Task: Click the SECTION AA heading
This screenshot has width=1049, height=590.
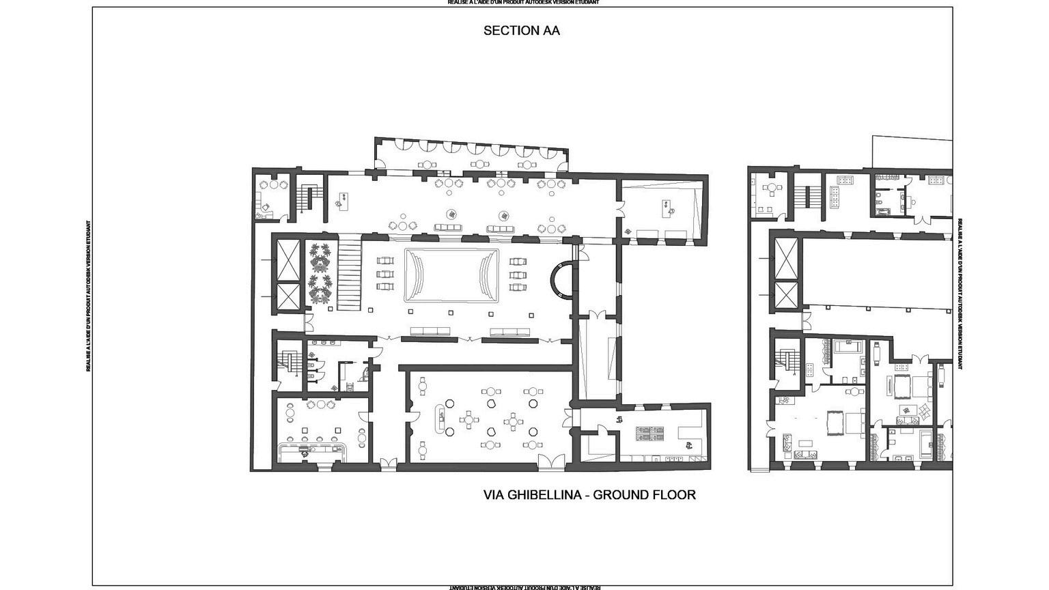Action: (x=521, y=31)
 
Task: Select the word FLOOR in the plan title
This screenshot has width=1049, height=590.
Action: (x=674, y=494)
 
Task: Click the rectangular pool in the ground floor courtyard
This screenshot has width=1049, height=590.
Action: (x=451, y=275)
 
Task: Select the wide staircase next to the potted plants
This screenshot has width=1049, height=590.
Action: (x=350, y=272)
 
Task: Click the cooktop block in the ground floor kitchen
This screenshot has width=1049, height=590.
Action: (x=649, y=432)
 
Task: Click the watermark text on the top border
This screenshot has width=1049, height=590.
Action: (x=523, y=3)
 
